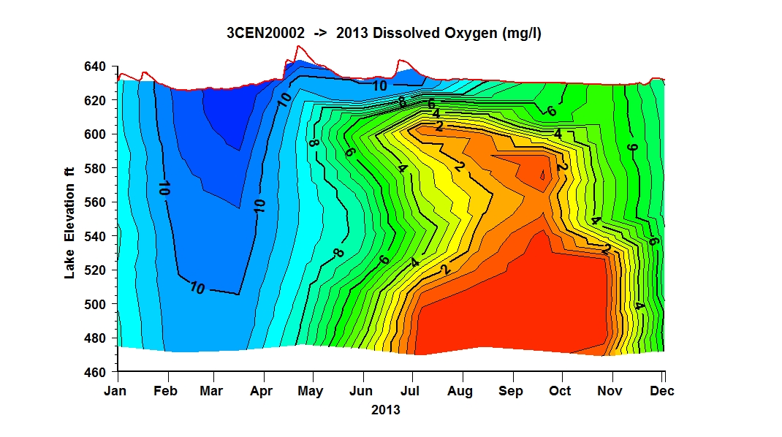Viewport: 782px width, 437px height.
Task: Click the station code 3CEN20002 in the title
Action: click(x=265, y=33)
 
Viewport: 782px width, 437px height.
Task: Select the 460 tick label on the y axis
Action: click(x=95, y=372)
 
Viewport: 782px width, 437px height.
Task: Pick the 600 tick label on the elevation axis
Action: click(x=95, y=134)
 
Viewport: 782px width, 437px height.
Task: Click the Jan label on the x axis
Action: click(x=115, y=391)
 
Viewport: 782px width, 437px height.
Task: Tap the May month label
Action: click(x=310, y=392)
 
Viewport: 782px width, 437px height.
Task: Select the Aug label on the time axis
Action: click(x=460, y=392)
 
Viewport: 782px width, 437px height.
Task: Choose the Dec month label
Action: click(x=662, y=391)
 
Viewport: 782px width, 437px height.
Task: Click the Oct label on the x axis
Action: click(x=560, y=391)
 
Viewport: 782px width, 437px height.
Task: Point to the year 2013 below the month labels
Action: click(x=385, y=410)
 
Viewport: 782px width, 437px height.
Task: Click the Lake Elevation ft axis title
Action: click(x=69, y=222)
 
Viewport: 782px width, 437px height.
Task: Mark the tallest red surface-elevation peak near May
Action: click(x=298, y=46)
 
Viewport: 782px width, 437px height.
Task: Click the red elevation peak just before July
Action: click(x=400, y=60)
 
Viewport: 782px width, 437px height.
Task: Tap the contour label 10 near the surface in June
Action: click(x=379, y=85)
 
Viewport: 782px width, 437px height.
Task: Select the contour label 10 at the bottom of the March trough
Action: click(x=197, y=288)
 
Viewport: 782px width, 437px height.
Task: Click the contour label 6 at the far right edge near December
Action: click(x=653, y=241)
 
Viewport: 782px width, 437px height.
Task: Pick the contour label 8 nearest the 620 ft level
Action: click(x=402, y=102)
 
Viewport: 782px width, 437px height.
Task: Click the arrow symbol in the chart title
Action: click(x=320, y=34)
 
